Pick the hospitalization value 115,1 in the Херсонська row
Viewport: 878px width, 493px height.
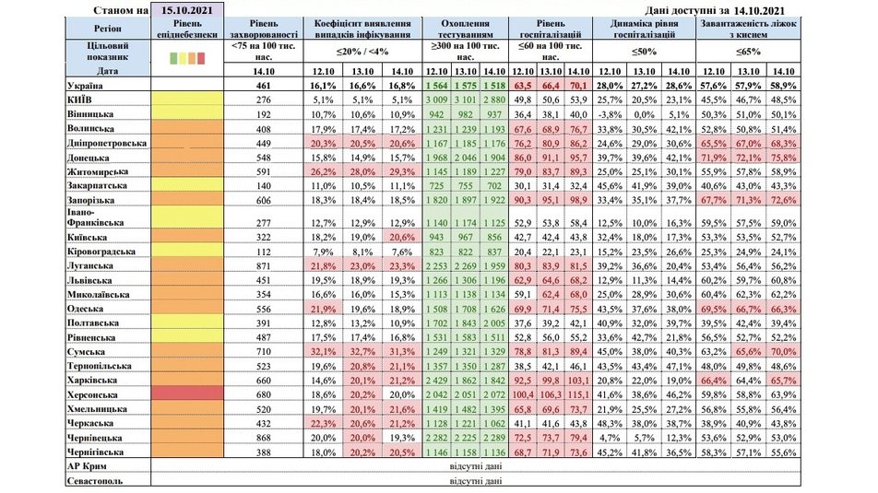click(x=578, y=393)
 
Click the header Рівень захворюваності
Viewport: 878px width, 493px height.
click(x=266, y=29)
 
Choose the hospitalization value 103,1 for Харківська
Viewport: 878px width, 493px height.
click(x=578, y=380)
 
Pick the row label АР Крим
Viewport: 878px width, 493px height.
click(x=92, y=466)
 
